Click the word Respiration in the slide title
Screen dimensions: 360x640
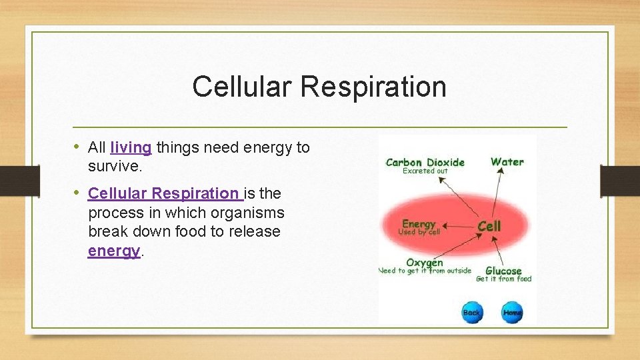pos(373,87)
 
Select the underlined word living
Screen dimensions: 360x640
pos(131,147)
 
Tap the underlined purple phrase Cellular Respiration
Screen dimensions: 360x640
pos(163,194)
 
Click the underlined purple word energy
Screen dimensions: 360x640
pos(114,251)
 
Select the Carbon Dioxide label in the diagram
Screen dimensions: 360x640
pos(425,162)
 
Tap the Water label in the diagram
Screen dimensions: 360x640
pos(507,161)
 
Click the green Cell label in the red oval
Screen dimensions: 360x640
pos(489,226)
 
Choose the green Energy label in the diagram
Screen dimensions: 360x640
pos(419,224)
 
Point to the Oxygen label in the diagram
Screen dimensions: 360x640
pos(425,263)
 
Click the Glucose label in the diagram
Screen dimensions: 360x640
pos(503,270)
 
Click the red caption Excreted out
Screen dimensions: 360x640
pos(425,171)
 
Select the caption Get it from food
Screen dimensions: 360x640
pos(503,279)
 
